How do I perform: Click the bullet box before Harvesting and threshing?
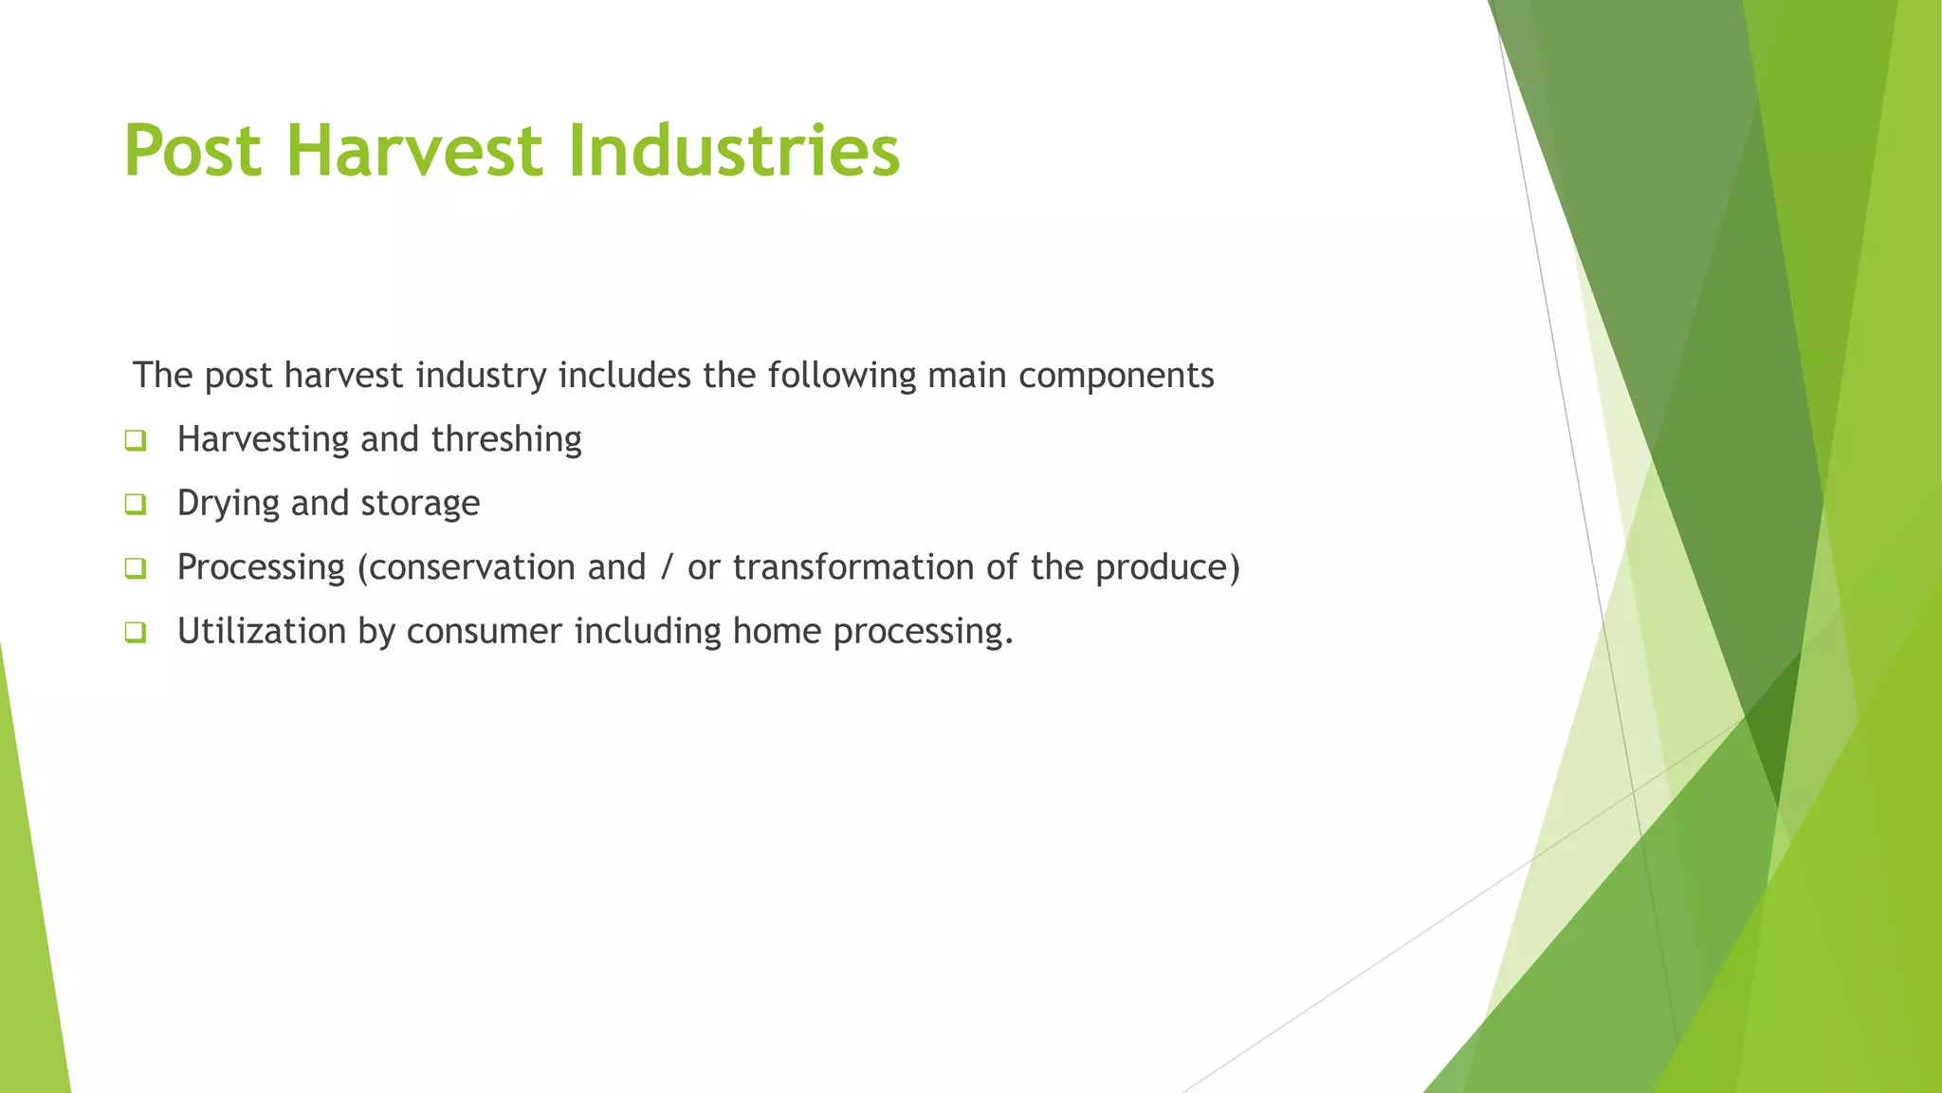136,440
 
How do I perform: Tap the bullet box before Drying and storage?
136,504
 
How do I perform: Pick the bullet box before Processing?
136,568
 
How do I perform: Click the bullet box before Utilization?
136,632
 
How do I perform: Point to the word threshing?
506,440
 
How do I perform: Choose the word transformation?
853,567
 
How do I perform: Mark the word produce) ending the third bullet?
1167,567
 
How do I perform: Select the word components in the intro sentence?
1116,376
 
